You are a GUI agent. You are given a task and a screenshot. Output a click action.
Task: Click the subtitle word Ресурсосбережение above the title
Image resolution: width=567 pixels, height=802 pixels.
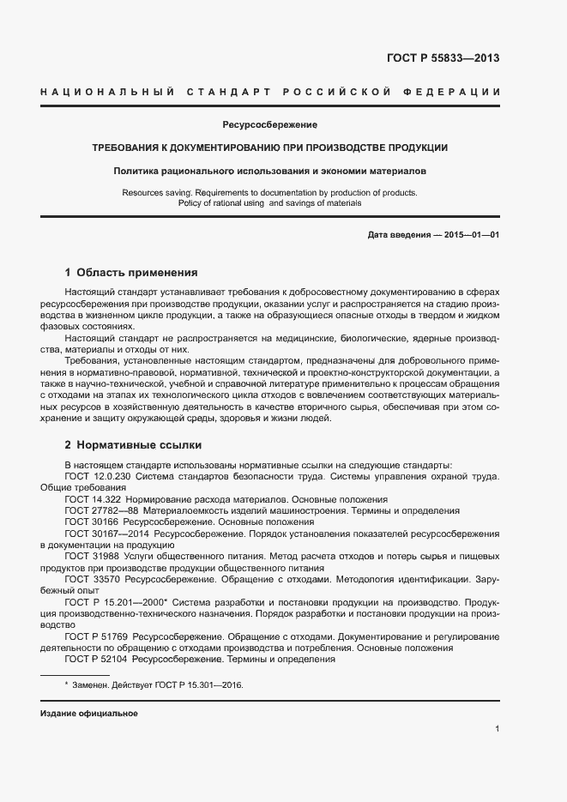pyautogui.click(x=270, y=125)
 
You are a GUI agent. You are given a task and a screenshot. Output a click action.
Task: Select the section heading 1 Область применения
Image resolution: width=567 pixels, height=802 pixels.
pyautogui.click(x=131, y=273)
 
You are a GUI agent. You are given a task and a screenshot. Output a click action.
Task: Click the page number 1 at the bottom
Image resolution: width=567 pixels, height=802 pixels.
pyautogui.click(x=498, y=729)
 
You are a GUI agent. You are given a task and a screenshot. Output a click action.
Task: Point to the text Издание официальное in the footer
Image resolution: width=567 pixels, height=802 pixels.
pyautogui.click(x=89, y=714)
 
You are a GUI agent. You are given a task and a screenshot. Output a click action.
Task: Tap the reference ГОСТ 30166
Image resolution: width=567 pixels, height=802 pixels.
pyautogui.click(x=93, y=522)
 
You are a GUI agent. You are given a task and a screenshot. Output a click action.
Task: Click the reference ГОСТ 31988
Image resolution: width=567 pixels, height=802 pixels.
pyautogui.click(x=93, y=557)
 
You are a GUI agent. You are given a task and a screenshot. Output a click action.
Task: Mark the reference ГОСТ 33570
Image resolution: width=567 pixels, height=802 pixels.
pyautogui.click(x=93, y=580)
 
